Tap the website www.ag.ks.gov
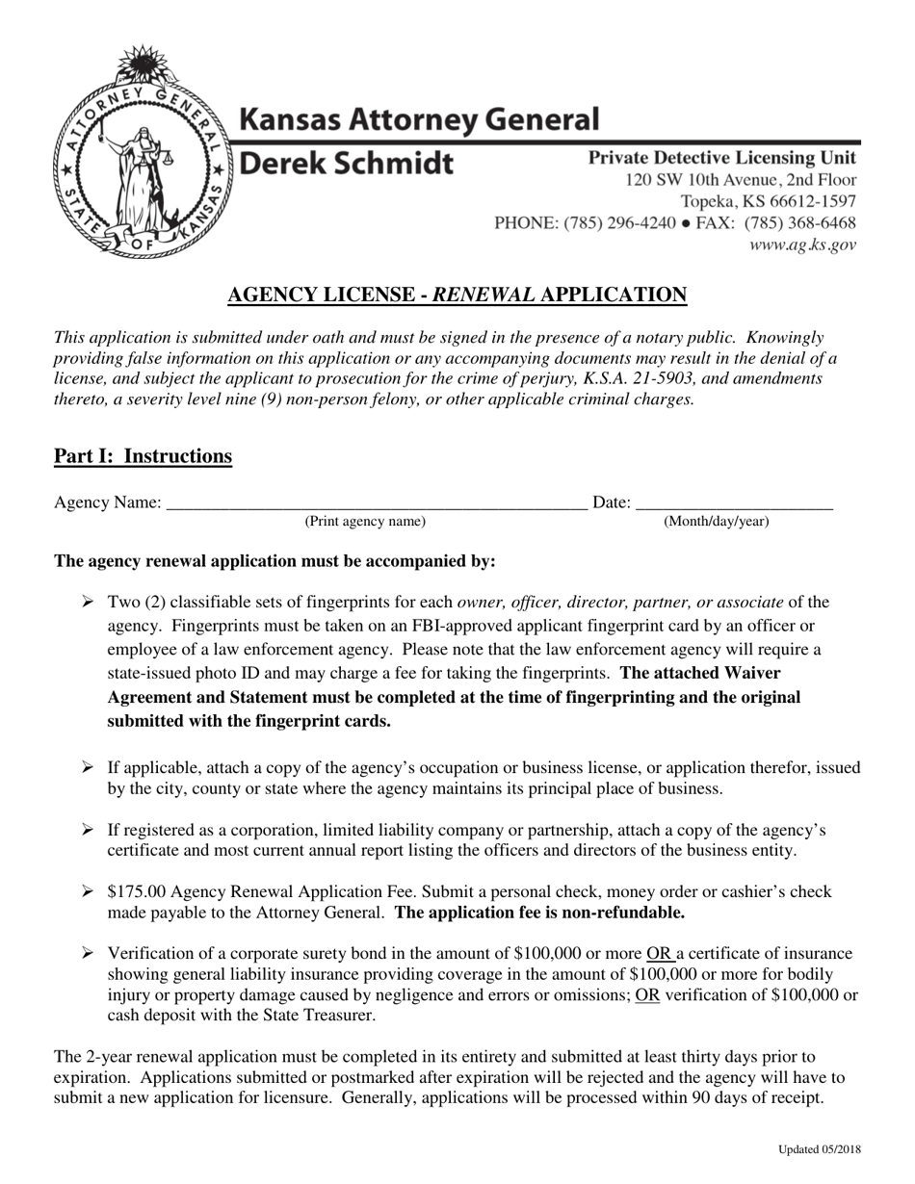(802, 245)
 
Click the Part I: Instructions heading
(143, 455)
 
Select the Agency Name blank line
(376, 502)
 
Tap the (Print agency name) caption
(365, 522)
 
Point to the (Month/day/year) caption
(717, 522)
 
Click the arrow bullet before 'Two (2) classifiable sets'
(88, 603)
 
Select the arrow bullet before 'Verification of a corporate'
(88, 953)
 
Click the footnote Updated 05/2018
(820, 1149)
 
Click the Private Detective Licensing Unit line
(721, 158)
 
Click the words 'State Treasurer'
(317, 1015)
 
